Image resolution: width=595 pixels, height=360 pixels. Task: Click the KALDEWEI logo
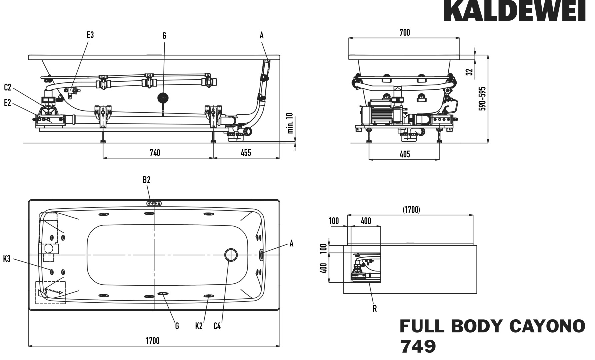(514, 11)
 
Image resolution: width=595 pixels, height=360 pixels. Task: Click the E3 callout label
(90, 35)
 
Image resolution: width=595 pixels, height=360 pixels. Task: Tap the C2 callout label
(8, 87)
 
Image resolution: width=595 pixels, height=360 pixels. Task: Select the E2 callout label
(8, 103)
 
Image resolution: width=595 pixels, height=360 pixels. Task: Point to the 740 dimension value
(155, 153)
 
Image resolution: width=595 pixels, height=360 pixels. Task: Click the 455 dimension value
(246, 153)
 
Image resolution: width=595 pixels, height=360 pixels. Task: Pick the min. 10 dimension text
(290, 123)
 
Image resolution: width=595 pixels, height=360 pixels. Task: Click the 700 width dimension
(405, 33)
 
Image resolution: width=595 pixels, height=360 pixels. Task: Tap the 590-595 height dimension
(482, 99)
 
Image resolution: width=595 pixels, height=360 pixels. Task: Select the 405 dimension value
(404, 154)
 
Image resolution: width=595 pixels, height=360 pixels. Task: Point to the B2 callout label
(147, 180)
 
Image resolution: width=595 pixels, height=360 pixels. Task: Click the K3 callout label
(7, 259)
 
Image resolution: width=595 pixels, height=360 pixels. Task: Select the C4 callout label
(217, 326)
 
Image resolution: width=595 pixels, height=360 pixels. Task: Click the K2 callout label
(199, 326)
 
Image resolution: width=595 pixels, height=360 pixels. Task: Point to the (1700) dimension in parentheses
(411, 210)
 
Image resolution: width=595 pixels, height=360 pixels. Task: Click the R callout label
(375, 309)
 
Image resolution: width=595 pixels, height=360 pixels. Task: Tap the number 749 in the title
(418, 347)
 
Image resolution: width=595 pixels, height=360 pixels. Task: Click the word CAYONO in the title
(548, 326)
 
